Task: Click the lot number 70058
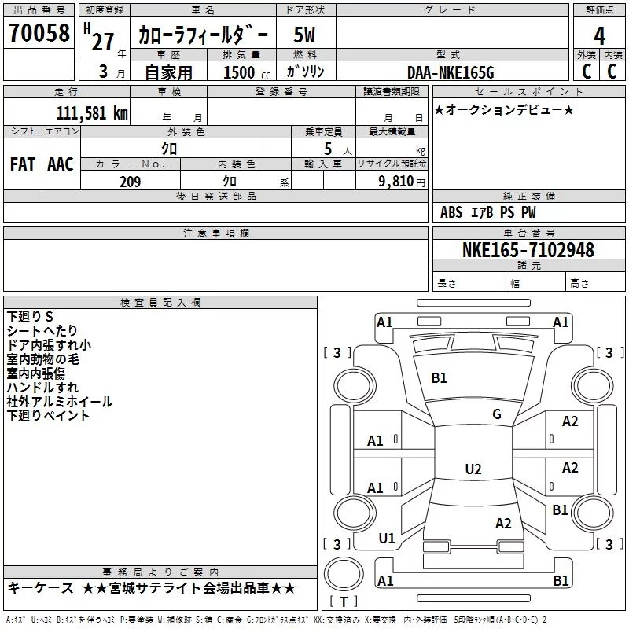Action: pyautogui.click(x=39, y=32)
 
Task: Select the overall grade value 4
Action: pyautogui.click(x=599, y=35)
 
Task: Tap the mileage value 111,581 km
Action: pyautogui.click(x=92, y=113)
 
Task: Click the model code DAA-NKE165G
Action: pyautogui.click(x=451, y=72)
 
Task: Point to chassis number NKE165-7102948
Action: pyautogui.click(x=528, y=249)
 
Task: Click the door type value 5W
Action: pyautogui.click(x=304, y=35)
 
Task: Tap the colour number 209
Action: pyautogui.click(x=130, y=182)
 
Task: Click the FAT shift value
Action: pyautogui.click(x=23, y=164)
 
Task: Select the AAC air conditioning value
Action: pyautogui.click(x=61, y=164)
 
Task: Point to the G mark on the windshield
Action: pyautogui.click(x=497, y=414)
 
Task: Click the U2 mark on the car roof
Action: pyautogui.click(x=473, y=469)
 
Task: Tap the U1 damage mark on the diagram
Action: pyautogui.click(x=387, y=539)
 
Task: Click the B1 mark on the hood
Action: pyautogui.click(x=439, y=378)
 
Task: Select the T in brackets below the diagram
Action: pyautogui.click(x=344, y=601)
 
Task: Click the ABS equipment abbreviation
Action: pyautogui.click(x=451, y=212)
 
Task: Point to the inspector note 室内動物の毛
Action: pyautogui.click(x=43, y=359)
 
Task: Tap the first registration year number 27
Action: pyautogui.click(x=103, y=42)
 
